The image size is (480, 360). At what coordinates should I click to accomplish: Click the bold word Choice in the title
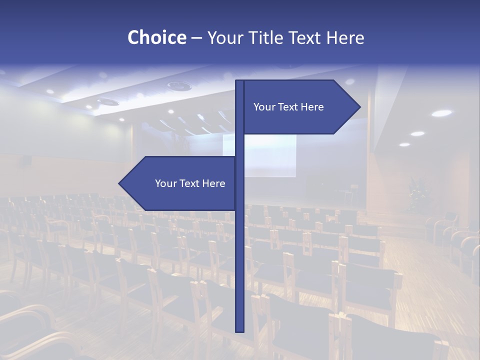pos(156,37)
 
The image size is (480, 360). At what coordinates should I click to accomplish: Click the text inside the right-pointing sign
pos(288,107)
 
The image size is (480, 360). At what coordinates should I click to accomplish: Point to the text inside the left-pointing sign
pos(190,183)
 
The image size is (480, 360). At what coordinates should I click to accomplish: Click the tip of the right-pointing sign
pos(359,107)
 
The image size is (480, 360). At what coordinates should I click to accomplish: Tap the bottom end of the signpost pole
pos(240,330)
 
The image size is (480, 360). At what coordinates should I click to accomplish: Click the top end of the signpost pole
pos(240,81)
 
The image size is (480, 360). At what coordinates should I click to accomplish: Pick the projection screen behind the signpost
pos(270,155)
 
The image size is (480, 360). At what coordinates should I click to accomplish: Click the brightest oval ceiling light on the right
pos(441,113)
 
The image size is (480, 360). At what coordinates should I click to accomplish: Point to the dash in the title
pos(196,38)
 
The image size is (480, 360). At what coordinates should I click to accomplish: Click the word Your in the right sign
pos(264,107)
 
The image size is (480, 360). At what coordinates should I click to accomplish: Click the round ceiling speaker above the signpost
pos(179,86)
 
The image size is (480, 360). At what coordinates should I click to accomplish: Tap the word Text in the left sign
pos(189,183)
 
